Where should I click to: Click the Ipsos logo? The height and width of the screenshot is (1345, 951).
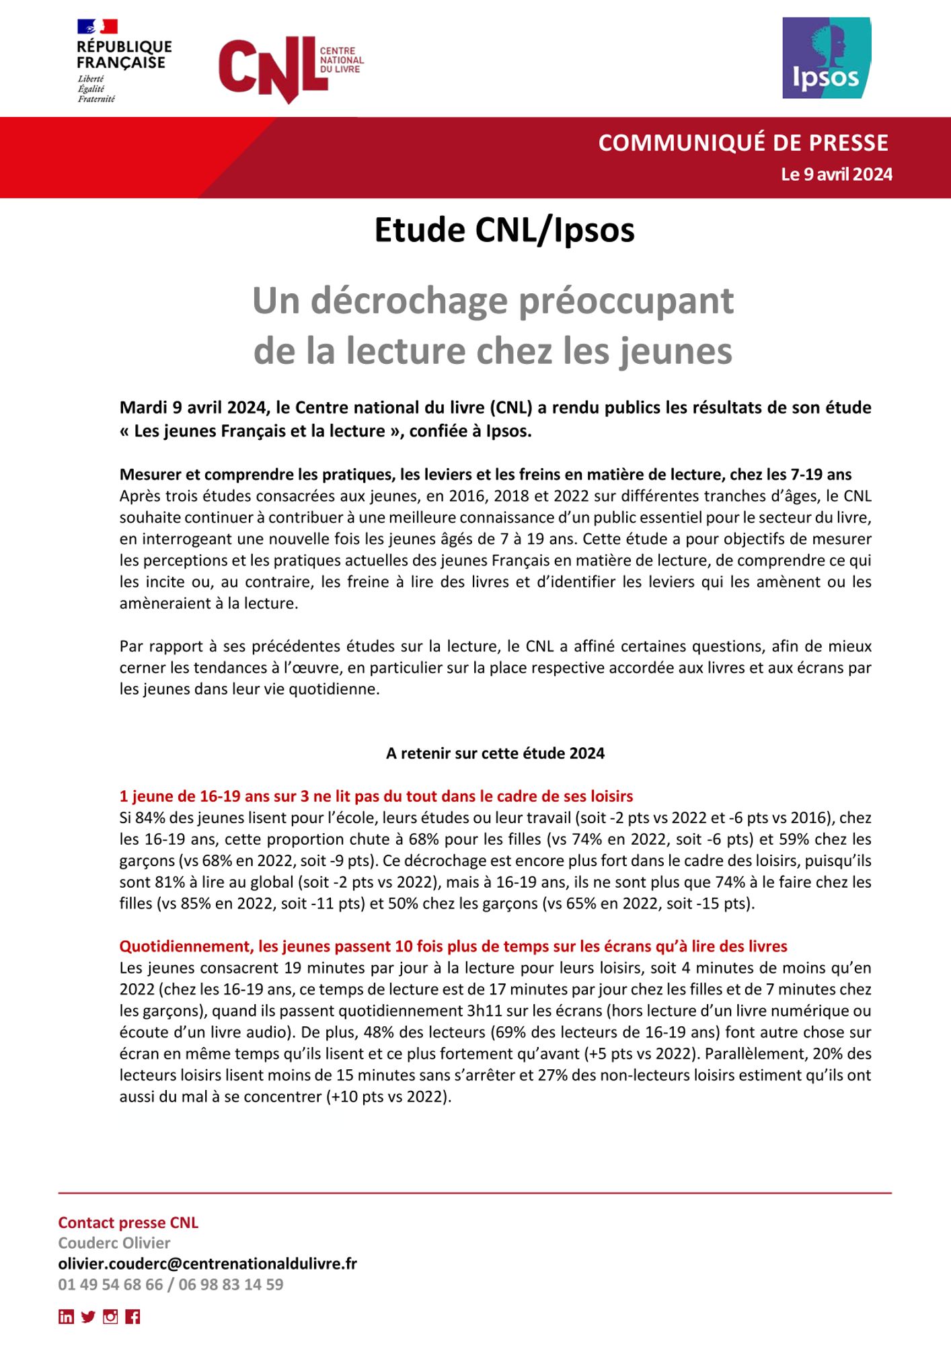coord(827,59)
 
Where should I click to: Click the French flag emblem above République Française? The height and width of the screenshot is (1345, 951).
coord(98,26)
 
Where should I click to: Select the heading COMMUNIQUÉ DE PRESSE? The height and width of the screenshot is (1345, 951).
coord(743,143)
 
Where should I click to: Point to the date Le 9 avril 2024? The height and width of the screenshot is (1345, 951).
coord(836,174)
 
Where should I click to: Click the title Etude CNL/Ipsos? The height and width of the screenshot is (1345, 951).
coord(504,230)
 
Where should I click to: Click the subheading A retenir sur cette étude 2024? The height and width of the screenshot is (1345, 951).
coord(495,753)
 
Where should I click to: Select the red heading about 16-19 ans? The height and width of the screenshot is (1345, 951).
coord(376,796)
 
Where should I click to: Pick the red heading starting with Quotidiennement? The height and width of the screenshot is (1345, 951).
coord(453,946)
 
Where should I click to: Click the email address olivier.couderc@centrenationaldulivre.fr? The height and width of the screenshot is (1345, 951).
coord(207,1264)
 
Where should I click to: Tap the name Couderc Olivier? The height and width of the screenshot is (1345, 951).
coord(114,1243)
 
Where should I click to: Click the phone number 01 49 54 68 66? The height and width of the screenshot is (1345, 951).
coord(110,1284)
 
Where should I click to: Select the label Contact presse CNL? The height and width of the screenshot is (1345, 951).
coord(128,1223)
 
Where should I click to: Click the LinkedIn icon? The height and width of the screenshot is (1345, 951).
coord(66,1317)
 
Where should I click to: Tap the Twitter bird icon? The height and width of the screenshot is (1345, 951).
coord(88,1317)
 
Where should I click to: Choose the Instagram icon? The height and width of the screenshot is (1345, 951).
coord(110,1317)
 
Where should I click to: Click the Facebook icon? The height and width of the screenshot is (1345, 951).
coord(132,1317)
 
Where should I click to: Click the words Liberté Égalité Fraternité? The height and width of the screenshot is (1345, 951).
coord(96,89)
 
